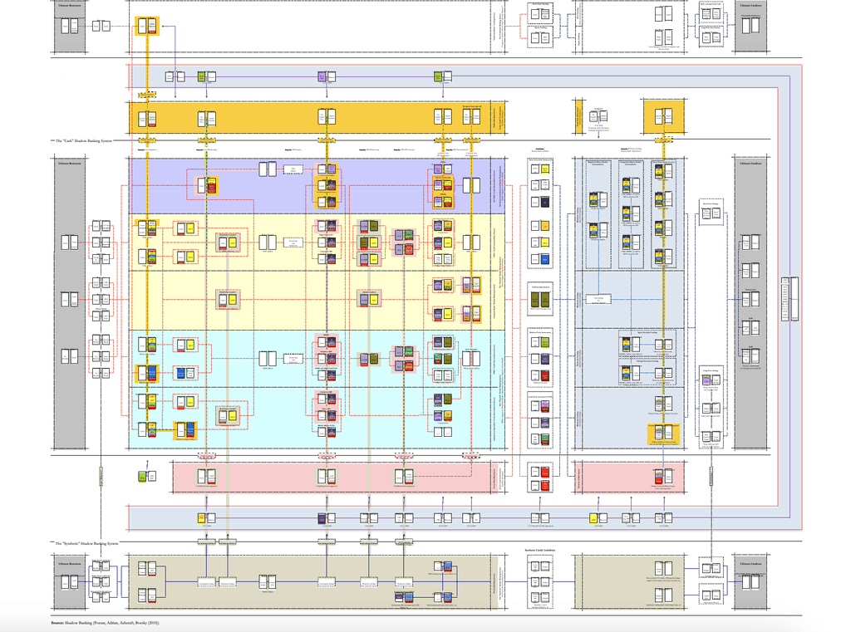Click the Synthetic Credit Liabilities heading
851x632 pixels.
[x=539, y=550]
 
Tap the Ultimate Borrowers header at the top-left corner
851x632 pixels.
[x=70, y=4]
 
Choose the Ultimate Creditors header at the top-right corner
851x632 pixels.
[x=751, y=4]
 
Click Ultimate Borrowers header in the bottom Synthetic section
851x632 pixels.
[x=70, y=562]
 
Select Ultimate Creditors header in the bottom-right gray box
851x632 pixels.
[x=751, y=562]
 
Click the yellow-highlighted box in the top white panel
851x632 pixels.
[x=147, y=26]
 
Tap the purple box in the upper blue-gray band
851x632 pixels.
[x=322, y=77]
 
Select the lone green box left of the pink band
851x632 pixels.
[x=142, y=477]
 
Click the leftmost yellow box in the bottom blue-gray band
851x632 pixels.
[x=202, y=518]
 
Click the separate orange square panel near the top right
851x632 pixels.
[x=662, y=115]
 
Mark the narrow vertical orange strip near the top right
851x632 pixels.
[x=576, y=115]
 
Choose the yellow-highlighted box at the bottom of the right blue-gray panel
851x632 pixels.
[x=663, y=433]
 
